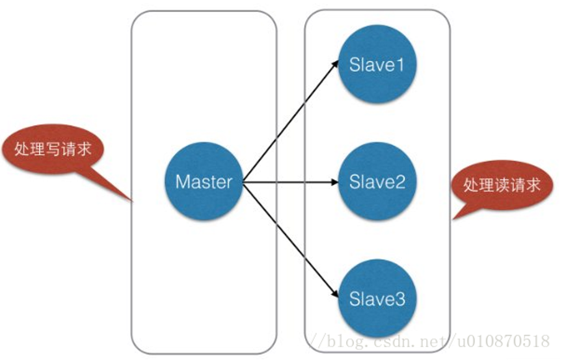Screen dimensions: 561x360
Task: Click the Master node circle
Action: pyautogui.click(x=204, y=181)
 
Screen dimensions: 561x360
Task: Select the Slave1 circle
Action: pyautogui.click(x=377, y=65)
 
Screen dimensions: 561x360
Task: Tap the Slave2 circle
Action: pyautogui.click(x=377, y=181)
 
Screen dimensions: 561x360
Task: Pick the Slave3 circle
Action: pyautogui.click(x=377, y=299)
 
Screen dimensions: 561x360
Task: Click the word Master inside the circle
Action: pyautogui.click(x=204, y=181)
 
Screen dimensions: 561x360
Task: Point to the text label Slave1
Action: pyautogui.click(x=377, y=65)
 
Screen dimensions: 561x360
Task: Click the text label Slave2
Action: pyautogui.click(x=377, y=181)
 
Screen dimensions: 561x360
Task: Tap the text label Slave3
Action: pyautogui.click(x=377, y=299)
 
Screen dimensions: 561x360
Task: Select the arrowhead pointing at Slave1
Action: pyautogui.click(x=335, y=64)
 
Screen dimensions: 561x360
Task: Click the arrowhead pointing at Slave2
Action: pyautogui.click(x=334, y=182)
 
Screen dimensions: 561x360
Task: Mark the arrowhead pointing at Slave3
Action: pyautogui.click(x=335, y=294)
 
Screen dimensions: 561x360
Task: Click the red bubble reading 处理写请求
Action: pyautogui.click(x=53, y=149)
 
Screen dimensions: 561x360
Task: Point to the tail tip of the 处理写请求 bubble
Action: pyautogui.click(x=132, y=202)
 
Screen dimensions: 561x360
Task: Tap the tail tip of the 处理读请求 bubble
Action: pyautogui.click(x=453, y=218)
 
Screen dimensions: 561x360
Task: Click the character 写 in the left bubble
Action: pyautogui.click(x=53, y=149)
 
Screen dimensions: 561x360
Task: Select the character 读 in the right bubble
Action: pyautogui.click(x=502, y=185)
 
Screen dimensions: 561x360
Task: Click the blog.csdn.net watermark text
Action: pyautogui.click(x=429, y=341)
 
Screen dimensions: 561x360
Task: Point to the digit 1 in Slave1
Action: pyautogui.click(x=400, y=65)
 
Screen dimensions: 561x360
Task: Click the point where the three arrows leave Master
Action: pyautogui.click(x=243, y=182)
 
